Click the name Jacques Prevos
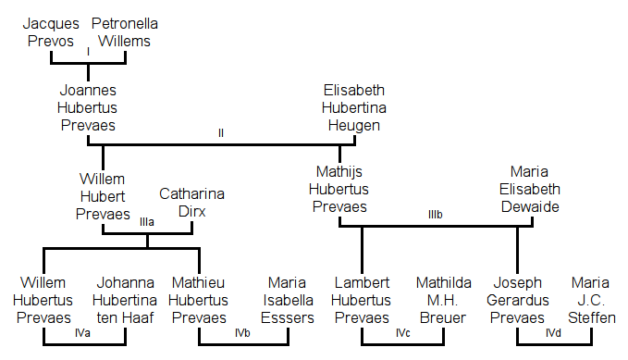(x=51, y=31)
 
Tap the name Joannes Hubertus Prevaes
(x=88, y=108)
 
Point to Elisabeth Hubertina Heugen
(x=354, y=108)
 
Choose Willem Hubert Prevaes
(x=103, y=196)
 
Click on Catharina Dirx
(x=191, y=203)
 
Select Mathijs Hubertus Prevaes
(x=339, y=189)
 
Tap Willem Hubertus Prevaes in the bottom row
(x=43, y=300)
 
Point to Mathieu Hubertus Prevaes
(x=200, y=300)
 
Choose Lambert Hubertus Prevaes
(x=362, y=300)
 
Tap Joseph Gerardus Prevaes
(x=518, y=300)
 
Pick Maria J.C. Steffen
(x=593, y=300)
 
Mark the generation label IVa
(x=81, y=332)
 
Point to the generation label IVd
(x=553, y=332)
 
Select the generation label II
(x=221, y=133)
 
